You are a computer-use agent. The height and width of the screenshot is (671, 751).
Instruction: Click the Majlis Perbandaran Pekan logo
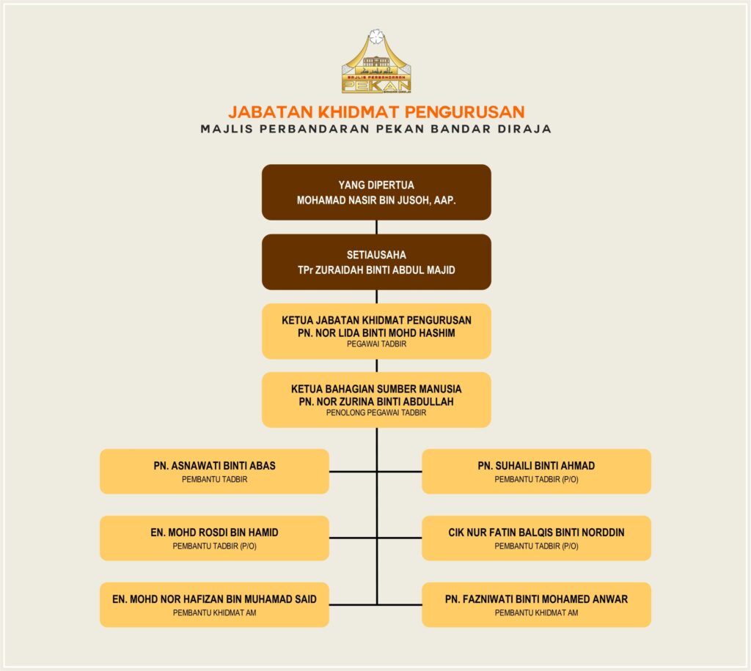point(376,64)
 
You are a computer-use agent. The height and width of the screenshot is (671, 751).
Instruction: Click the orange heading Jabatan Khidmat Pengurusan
point(376,112)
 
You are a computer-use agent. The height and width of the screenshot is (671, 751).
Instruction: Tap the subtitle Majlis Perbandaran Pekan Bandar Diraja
point(376,129)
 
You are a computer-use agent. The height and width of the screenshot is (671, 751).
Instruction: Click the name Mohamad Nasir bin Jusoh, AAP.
point(376,199)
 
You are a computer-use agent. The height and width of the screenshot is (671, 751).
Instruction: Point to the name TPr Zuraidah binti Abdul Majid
point(376,270)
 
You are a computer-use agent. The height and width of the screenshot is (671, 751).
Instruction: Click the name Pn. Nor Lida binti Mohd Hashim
point(376,333)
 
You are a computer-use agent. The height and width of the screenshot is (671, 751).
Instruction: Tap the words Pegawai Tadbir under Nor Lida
point(376,344)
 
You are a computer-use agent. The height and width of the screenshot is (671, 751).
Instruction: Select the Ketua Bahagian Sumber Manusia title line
point(376,389)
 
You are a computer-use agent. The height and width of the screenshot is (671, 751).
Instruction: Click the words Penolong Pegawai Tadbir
point(376,413)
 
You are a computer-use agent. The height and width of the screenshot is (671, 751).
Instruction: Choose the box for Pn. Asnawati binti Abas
point(214,471)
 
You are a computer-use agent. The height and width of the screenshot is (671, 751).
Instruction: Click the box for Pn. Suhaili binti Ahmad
point(536,471)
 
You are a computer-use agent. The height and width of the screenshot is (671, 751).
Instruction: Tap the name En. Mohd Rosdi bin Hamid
point(214,533)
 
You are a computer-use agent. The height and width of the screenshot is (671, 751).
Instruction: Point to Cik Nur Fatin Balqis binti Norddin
point(536,533)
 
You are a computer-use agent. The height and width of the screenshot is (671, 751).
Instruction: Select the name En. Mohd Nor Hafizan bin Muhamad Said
point(214,599)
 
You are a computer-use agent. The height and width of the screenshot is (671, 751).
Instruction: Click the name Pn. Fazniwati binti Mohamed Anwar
point(536,599)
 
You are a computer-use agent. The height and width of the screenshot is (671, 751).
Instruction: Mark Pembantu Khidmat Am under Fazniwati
point(536,613)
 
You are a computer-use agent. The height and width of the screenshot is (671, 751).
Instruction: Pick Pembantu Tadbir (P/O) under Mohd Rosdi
point(214,546)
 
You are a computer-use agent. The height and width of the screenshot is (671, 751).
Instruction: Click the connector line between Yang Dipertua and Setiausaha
point(377,227)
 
